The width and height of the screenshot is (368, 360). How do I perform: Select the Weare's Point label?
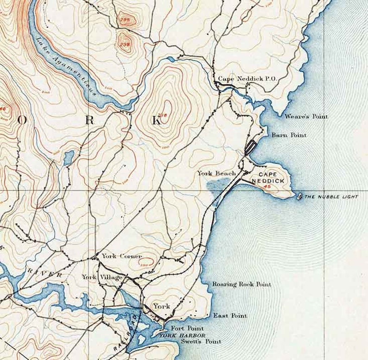coord(306,116)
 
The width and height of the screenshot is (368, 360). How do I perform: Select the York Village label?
coord(102,277)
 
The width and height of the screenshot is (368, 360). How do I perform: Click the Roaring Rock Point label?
coord(241,284)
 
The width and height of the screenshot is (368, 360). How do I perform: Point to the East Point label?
coord(230,315)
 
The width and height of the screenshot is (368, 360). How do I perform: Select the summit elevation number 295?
coord(123,19)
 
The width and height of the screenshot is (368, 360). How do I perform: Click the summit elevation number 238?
coord(125,45)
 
